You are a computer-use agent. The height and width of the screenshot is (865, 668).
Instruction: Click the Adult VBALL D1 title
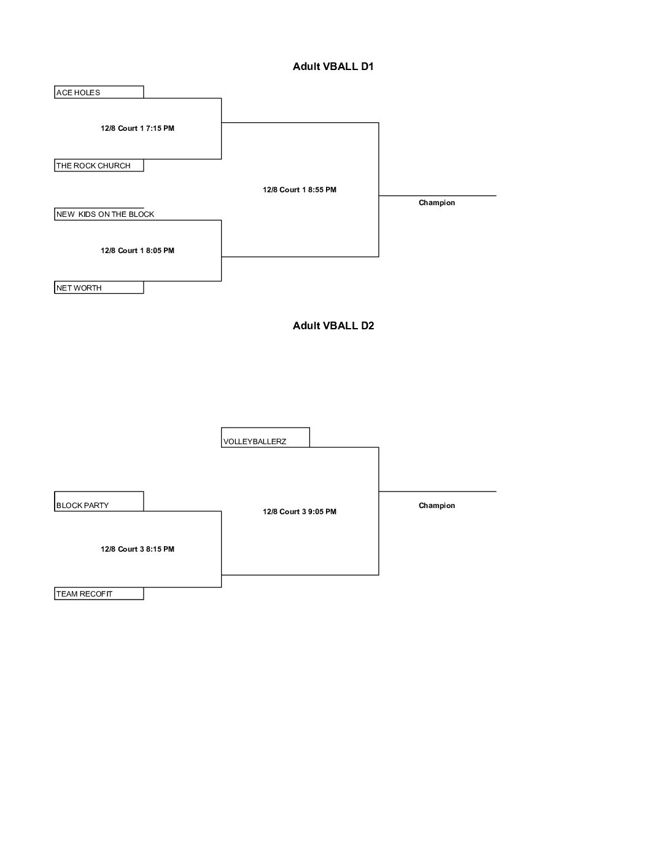click(x=333, y=66)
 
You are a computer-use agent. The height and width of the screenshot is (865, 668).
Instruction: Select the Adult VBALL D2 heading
click(x=333, y=326)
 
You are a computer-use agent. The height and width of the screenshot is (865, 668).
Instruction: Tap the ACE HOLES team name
click(x=78, y=93)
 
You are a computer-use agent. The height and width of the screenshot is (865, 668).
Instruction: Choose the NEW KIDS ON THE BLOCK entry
click(x=105, y=214)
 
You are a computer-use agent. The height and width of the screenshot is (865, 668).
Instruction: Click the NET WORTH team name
click(x=79, y=288)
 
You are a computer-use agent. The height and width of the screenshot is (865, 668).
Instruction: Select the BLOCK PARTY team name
click(x=82, y=506)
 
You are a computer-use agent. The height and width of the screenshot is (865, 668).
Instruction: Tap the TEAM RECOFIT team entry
click(x=84, y=594)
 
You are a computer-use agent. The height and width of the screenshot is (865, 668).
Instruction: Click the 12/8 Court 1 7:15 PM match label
click(x=138, y=128)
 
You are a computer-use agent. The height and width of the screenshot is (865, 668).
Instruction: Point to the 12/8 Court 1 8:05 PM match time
click(x=138, y=251)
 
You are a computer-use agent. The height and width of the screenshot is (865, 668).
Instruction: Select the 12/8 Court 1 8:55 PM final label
click(x=299, y=190)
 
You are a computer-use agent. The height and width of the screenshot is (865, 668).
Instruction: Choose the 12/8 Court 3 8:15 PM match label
click(x=138, y=549)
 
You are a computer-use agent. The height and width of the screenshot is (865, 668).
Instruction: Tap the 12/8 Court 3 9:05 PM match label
click(x=299, y=512)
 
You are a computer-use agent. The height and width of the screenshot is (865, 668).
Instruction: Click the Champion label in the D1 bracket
click(x=437, y=203)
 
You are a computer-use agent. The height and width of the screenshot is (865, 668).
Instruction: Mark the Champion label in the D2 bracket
click(x=437, y=506)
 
